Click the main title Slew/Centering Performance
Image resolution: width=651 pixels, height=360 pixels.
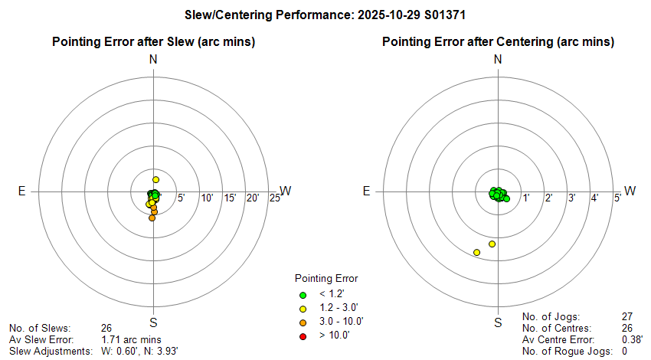coord(325,14)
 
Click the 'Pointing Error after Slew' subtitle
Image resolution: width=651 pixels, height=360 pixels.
coord(153,41)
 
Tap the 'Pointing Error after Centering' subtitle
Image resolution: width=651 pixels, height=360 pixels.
coord(498,41)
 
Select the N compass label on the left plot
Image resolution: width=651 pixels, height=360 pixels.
coord(153,60)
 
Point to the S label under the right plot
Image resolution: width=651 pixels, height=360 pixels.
coord(498,322)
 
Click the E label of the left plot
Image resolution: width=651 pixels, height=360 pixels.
coord(21,191)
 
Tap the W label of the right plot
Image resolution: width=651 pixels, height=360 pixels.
coord(630,191)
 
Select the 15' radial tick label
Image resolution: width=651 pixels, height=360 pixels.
coord(230,199)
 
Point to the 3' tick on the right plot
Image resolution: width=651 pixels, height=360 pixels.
coord(571,199)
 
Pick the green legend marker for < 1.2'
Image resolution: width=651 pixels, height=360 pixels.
coord(302,295)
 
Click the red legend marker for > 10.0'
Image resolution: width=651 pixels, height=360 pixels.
coord(302,335)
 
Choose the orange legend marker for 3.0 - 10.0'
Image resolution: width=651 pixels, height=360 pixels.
coord(302,322)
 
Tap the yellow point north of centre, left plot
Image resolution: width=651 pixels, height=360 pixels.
coord(155,179)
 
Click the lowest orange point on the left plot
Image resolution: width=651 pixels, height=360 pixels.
coord(152,218)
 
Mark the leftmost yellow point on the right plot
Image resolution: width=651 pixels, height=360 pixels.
coord(477,252)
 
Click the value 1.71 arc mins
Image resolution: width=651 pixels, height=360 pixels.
coord(131,338)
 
